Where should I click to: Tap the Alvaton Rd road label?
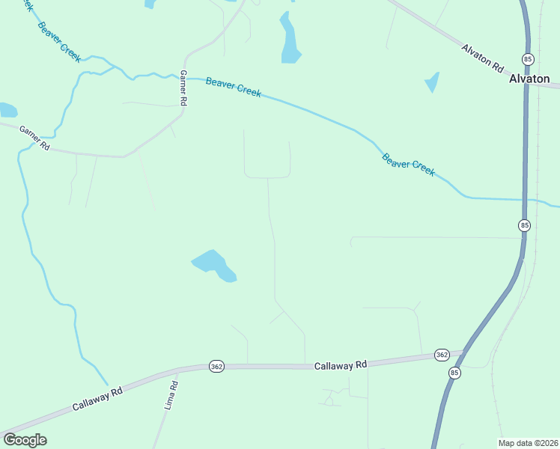[x=483, y=58]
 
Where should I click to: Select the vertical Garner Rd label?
[x=182, y=88]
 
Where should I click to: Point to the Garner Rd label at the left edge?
[x=34, y=137]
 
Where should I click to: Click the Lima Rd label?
[x=171, y=396]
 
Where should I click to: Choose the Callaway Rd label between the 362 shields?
[x=341, y=365]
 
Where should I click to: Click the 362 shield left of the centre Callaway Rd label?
[x=216, y=367]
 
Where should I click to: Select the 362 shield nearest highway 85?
[x=441, y=355]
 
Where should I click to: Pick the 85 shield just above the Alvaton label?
[x=529, y=59]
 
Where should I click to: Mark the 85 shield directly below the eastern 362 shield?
[x=455, y=372]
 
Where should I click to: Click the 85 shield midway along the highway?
[x=524, y=225]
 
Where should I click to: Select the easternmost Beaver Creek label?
[x=408, y=165]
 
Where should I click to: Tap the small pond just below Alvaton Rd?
[x=432, y=82]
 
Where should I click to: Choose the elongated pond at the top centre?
[x=289, y=39]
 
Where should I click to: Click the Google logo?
[x=25, y=440]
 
